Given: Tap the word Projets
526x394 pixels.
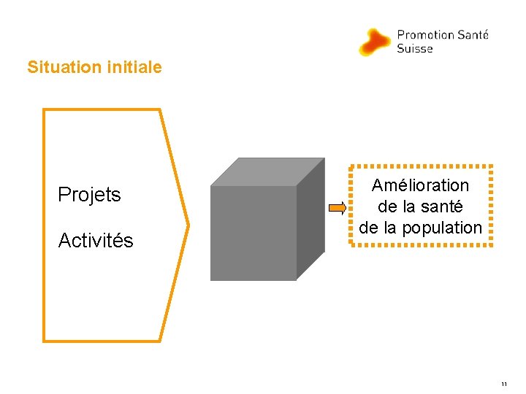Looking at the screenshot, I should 89,195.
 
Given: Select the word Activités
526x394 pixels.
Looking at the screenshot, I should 96,241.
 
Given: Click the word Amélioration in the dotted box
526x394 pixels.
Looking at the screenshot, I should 420,185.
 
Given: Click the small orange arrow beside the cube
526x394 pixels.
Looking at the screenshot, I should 338,209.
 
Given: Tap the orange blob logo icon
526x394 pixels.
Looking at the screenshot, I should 375,42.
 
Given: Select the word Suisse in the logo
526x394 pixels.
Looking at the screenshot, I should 415,49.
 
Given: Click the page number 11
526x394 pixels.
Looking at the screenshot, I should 504,383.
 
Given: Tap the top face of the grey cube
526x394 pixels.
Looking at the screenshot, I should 267,172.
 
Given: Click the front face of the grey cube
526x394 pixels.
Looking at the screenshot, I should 253,233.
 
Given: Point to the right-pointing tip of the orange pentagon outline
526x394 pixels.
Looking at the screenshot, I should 188,224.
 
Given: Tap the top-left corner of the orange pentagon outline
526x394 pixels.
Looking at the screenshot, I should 44,110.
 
